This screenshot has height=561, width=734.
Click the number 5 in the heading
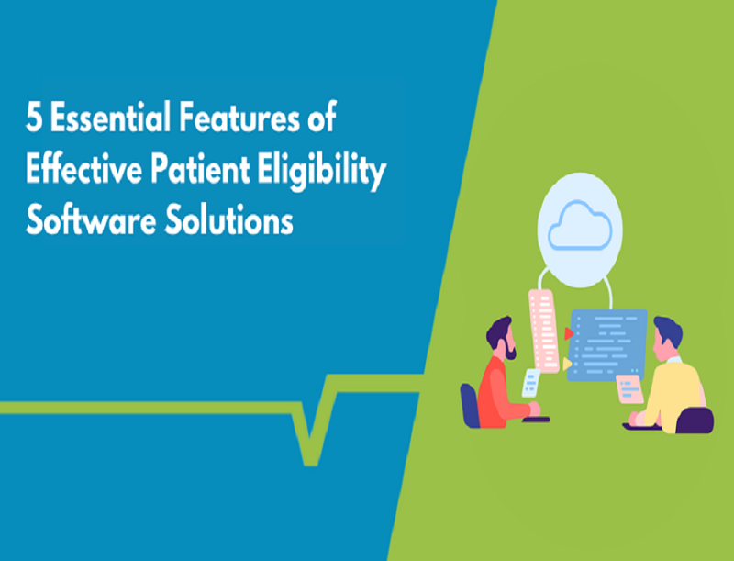pos(33,118)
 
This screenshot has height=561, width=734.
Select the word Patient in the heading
pos(200,169)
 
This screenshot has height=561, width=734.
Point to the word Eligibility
pos(322,172)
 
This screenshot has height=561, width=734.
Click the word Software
pos(91,220)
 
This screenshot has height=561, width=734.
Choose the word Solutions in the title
pos(228,220)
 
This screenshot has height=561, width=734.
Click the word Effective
pos(84,169)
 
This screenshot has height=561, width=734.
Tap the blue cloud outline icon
pos(580,225)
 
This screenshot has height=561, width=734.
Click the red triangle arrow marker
pos(569,333)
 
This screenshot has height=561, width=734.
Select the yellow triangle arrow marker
pos(567,364)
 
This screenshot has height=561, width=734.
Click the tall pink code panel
pos(543,331)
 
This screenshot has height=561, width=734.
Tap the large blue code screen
pos(607,344)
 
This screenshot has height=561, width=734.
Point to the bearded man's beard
pos(510,349)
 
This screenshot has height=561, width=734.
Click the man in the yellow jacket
pos(670,374)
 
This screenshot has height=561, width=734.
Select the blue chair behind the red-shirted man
pos(470,406)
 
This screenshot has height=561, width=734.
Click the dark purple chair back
pos(695,420)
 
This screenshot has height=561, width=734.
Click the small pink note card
pos(629,388)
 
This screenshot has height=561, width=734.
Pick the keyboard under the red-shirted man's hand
pos(536,420)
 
